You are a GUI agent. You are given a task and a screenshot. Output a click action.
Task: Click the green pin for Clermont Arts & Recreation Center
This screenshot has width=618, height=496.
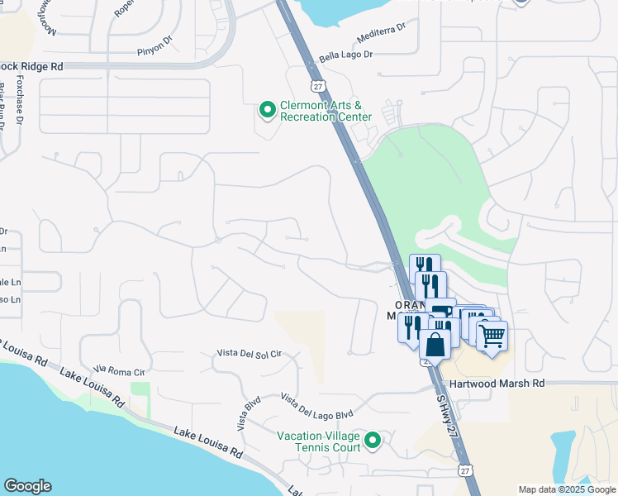point(268,109)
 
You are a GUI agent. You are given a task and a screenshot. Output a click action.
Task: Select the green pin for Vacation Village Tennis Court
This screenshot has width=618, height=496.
point(373,441)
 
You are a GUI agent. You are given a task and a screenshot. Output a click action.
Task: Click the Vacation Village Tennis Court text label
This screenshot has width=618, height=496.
point(319,441)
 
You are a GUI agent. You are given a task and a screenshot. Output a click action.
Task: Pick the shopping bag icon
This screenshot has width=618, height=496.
point(435,345)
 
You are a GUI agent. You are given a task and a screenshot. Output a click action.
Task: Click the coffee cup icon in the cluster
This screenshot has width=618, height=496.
point(443,312)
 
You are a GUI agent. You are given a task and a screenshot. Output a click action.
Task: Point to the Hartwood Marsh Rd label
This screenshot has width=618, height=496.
point(497,384)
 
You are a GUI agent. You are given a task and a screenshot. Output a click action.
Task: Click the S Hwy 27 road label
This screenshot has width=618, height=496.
point(445,418)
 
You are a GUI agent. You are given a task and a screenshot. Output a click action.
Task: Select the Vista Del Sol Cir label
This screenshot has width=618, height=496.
point(249,353)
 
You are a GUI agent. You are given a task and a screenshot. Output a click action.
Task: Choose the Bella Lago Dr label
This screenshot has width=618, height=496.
point(346,57)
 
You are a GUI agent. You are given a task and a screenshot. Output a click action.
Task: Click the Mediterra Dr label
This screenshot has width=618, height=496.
point(382,34)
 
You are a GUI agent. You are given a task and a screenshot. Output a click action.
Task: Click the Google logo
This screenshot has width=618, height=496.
point(27,486)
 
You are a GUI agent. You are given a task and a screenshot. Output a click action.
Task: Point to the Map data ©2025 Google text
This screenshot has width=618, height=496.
point(567,489)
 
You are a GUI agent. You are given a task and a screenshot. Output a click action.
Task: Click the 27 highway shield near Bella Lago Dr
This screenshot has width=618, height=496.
point(317,86)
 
